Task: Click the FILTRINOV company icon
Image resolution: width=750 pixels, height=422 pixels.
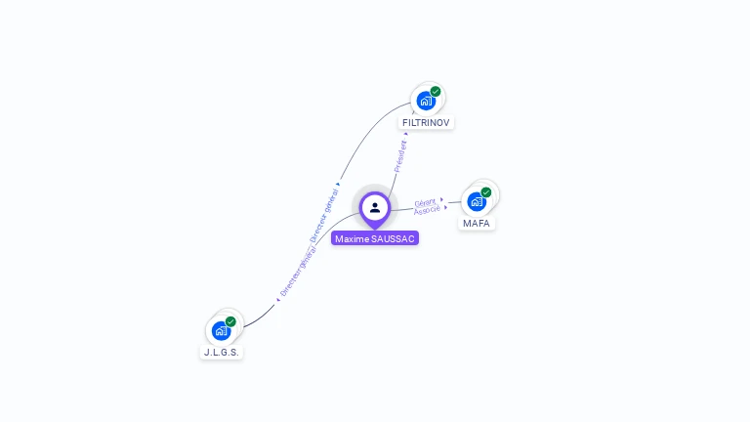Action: coord(426,100)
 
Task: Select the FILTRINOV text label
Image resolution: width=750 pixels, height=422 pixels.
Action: coord(427,123)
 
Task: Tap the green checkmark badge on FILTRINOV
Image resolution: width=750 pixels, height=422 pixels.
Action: coord(436,92)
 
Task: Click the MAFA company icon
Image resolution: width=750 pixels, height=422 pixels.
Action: coord(477,200)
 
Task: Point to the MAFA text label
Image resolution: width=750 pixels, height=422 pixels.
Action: coord(477,224)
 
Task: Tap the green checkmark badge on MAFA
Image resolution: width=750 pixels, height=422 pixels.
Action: coord(486,192)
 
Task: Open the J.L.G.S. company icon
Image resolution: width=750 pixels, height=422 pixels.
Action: coord(221,329)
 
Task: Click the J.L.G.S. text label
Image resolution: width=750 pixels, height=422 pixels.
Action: coord(222,352)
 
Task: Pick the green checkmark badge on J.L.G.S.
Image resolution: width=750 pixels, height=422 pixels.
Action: coord(230,321)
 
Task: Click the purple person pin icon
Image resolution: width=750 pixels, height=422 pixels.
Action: coord(375,208)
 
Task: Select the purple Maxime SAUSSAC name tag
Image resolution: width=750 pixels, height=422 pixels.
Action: coord(375,238)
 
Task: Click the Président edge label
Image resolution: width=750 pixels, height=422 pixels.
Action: coord(399,156)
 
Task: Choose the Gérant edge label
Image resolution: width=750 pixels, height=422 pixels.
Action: coord(425,202)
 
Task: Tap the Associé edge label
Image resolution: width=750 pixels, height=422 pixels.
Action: coord(427,211)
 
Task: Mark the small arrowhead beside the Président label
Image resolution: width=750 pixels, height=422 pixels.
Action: coord(406,134)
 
